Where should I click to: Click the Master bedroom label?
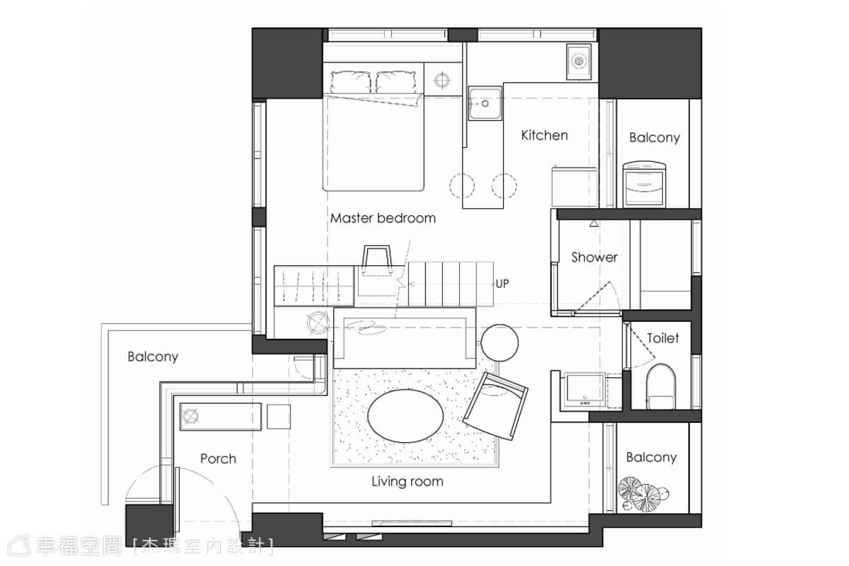click(x=383, y=218)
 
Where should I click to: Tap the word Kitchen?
click(x=544, y=135)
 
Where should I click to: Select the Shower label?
click(x=594, y=258)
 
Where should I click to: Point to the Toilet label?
click(x=663, y=337)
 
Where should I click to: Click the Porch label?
click(x=218, y=458)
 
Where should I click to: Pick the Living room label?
click(x=407, y=482)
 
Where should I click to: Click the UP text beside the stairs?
click(x=502, y=284)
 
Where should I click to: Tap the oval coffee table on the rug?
click(x=405, y=415)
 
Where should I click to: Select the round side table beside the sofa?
click(x=499, y=342)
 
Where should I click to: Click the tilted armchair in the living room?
click(x=495, y=406)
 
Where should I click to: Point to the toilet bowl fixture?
click(x=661, y=386)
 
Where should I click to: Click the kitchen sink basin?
click(x=485, y=103)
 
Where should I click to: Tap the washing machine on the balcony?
click(x=645, y=184)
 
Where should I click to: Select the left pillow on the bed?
click(x=350, y=82)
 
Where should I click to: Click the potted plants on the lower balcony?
click(x=643, y=495)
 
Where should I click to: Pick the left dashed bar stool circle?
click(x=462, y=186)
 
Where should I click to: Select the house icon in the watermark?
click(x=19, y=546)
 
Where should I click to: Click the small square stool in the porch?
click(x=279, y=417)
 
